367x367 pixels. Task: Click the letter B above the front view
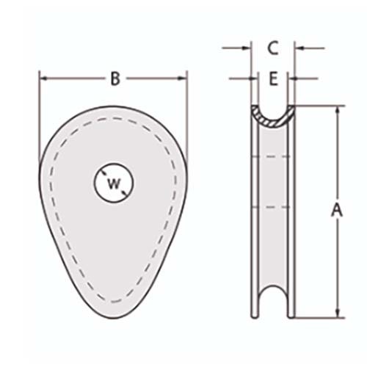point(115,79)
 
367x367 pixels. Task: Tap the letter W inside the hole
point(112,183)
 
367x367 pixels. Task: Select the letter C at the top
point(272,49)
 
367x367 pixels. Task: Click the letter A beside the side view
point(337,210)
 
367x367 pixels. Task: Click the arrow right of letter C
point(299,48)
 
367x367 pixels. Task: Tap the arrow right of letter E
point(294,77)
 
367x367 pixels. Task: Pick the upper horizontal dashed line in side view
point(272,156)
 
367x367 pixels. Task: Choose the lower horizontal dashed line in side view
point(272,208)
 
